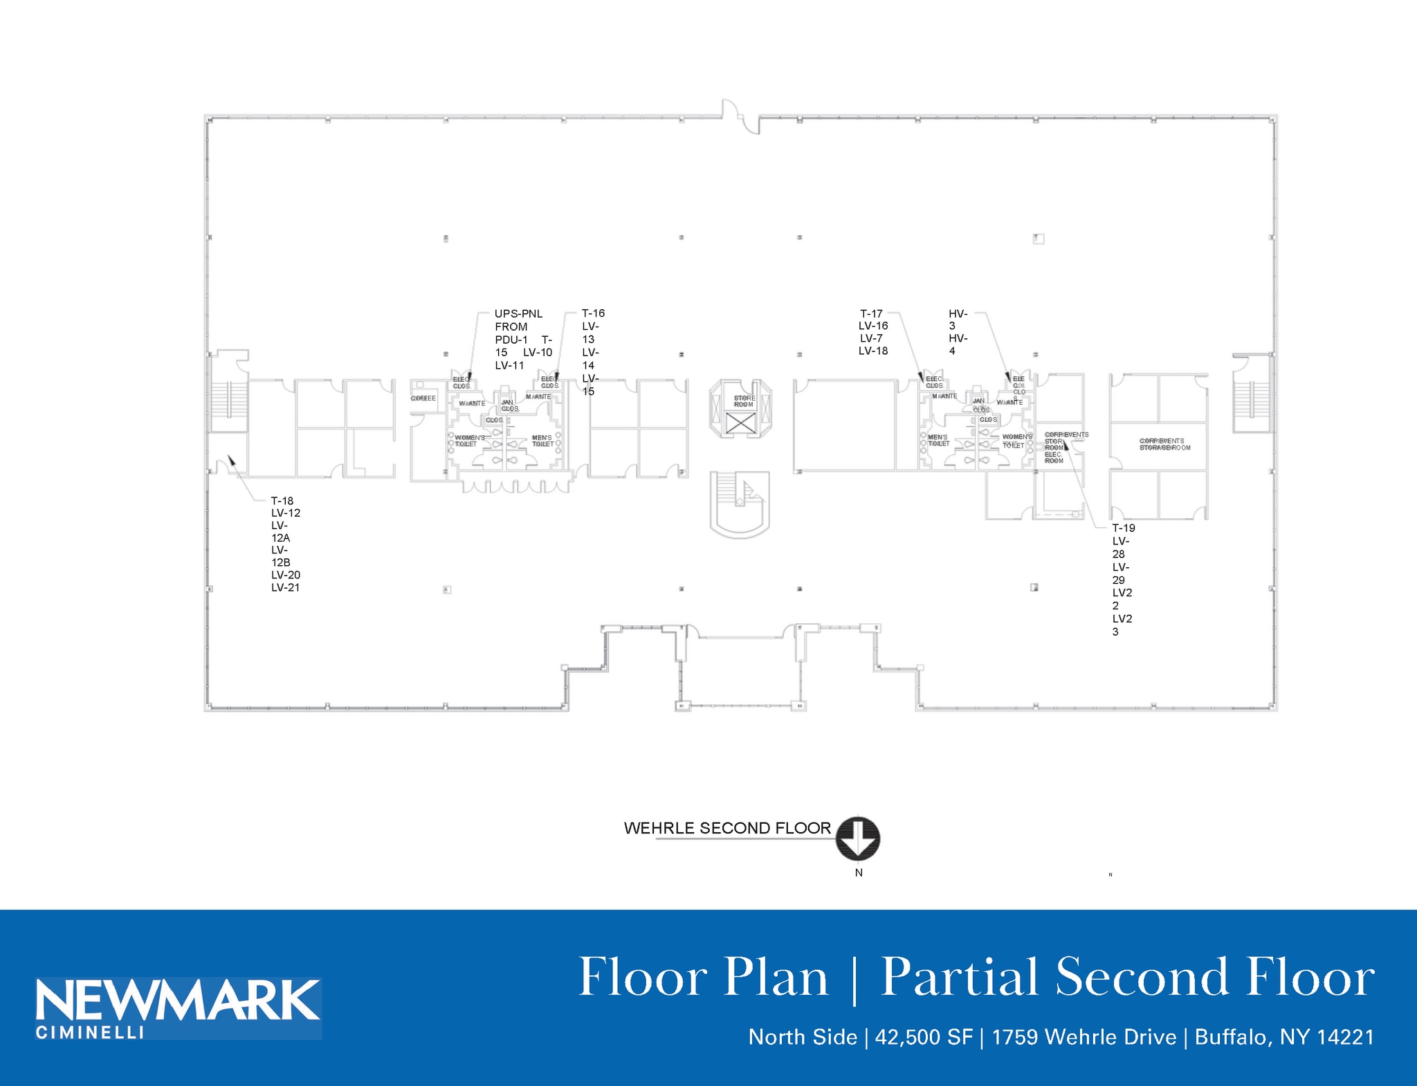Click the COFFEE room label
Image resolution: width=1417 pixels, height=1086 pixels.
pos(423,398)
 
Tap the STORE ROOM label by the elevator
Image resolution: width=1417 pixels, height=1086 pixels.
pos(744,401)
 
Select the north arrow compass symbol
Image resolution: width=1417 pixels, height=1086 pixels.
pos(858,838)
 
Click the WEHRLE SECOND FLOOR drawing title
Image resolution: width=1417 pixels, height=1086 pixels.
pos(727,828)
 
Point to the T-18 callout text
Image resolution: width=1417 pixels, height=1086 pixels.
pos(282,501)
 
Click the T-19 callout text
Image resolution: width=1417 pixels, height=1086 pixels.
pos(1124,528)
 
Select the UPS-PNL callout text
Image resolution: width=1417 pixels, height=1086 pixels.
pos(518,314)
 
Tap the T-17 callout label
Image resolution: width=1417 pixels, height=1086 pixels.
pos(871,313)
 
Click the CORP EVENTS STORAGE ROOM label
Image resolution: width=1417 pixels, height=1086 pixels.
pos(1165,444)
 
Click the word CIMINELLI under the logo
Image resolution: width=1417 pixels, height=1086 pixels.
pos(90,1033)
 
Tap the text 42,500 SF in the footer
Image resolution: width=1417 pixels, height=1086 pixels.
pos(924,1037)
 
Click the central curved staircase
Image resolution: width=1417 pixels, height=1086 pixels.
pos(740,505)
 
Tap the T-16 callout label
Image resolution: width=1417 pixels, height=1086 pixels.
pos(593,313)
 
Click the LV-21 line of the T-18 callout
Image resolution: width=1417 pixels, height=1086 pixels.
pos(285,588)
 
